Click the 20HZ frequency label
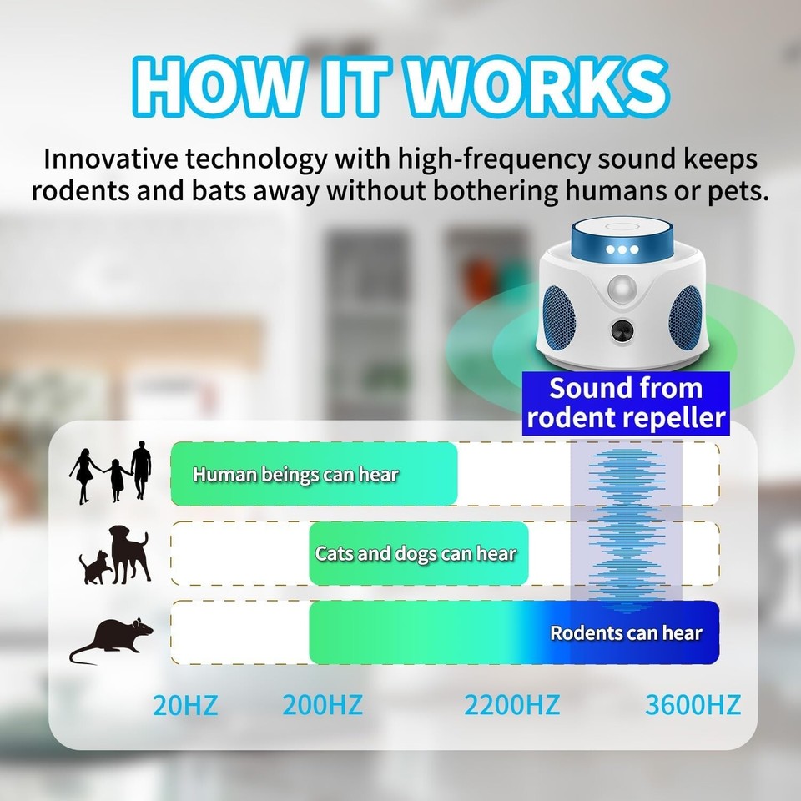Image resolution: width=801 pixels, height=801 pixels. (x=185, y=705)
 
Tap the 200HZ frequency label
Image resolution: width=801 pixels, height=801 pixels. (x=322, y=705)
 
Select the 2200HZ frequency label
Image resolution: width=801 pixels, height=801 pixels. (x=511, y=705)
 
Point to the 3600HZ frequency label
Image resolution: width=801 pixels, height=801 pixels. (x=693, y=705)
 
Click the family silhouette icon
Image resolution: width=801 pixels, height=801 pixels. (x=112, y=473)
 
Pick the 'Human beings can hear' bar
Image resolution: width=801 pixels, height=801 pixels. (x=314, y=474)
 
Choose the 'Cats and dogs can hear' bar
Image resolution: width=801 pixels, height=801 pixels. (x=418, y=553)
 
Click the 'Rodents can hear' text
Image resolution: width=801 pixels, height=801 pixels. (x=626, y=632)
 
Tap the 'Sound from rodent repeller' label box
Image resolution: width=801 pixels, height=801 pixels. (x=626, y=403)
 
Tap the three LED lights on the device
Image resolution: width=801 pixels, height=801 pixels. (x=622, y=249)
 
